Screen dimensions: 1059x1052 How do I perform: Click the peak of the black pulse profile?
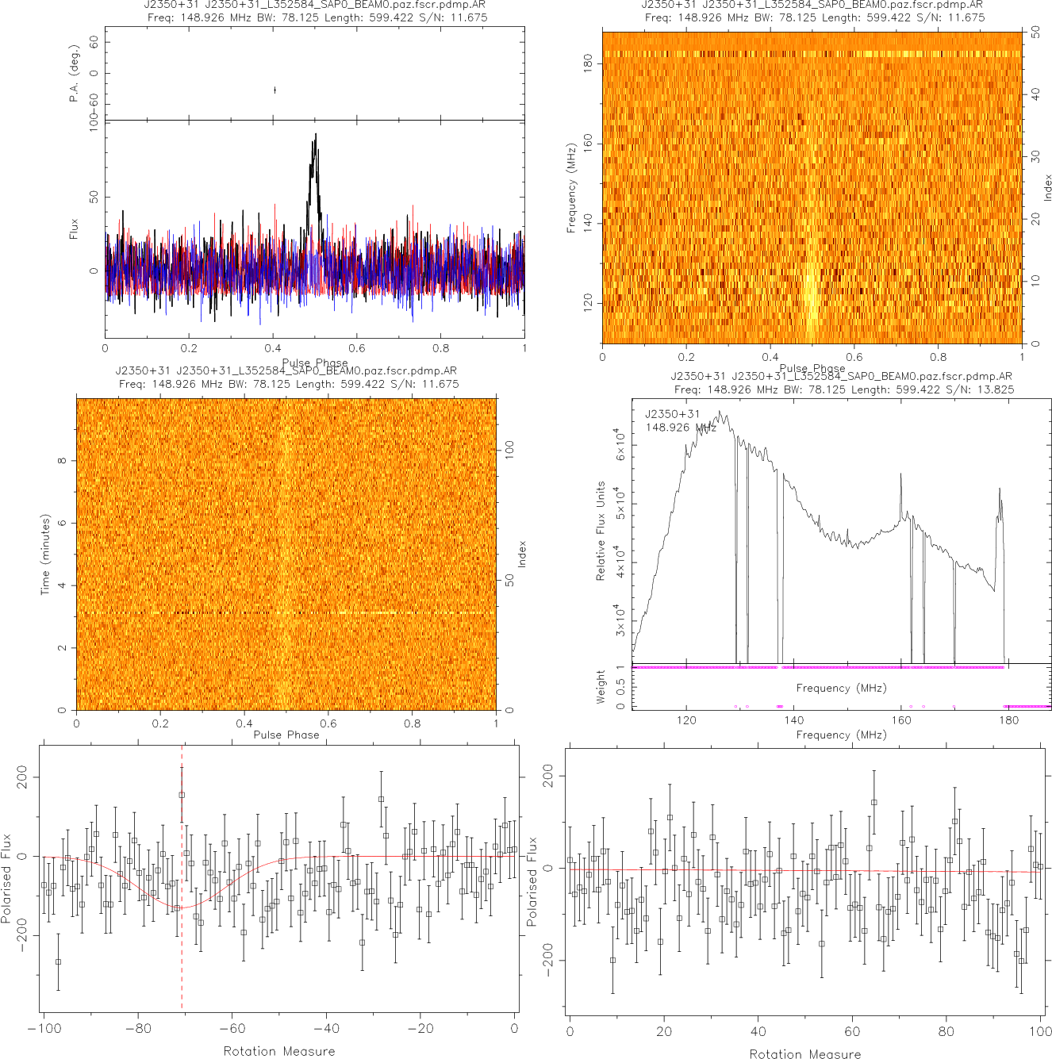point(316,135)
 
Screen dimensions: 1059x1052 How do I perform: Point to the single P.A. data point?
point(275,90)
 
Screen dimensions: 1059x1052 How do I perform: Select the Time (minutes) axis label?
point(45,554)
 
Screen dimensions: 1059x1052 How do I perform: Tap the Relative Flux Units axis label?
point(601,531)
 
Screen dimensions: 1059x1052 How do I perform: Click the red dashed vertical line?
point(182,912)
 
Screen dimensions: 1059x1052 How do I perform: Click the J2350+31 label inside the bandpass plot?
point(672,414)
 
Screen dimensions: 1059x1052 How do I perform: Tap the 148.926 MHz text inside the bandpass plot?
point(681,428)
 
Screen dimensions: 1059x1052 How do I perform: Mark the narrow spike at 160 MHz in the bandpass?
point(900,475)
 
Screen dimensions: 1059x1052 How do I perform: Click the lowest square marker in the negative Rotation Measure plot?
point(58,961)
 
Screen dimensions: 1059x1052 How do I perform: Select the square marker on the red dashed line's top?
point(182,795)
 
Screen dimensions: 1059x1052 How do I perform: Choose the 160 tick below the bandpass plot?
point(901,720)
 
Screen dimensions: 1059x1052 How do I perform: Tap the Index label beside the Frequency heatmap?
point(1047,188)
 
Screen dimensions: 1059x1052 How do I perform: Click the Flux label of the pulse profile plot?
point(75,229)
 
